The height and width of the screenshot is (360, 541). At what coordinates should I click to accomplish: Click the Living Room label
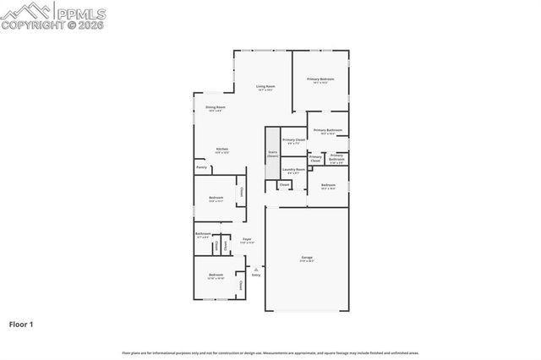266,86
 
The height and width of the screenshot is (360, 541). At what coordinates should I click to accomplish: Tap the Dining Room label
216,107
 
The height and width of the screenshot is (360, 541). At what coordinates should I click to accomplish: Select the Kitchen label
221,149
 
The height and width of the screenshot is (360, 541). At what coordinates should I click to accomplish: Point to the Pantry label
201,167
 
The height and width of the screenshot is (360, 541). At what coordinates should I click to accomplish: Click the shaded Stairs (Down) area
272,155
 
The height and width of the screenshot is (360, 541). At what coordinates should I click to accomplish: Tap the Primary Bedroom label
320,79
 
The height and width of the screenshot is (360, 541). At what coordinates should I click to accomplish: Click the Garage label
308,257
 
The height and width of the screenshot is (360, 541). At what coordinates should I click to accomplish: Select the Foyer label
247,240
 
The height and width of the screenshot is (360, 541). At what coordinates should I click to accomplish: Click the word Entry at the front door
256,275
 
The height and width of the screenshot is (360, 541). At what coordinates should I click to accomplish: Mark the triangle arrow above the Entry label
256,269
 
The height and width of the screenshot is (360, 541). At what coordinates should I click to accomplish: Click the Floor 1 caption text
21,324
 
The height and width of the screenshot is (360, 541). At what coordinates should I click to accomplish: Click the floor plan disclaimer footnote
270,352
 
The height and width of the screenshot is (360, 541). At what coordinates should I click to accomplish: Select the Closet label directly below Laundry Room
284,184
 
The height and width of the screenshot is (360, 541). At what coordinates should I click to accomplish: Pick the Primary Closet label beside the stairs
294,140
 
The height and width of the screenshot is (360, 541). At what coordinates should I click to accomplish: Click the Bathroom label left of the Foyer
203,234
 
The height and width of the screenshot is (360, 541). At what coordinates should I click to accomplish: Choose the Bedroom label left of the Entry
216,275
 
